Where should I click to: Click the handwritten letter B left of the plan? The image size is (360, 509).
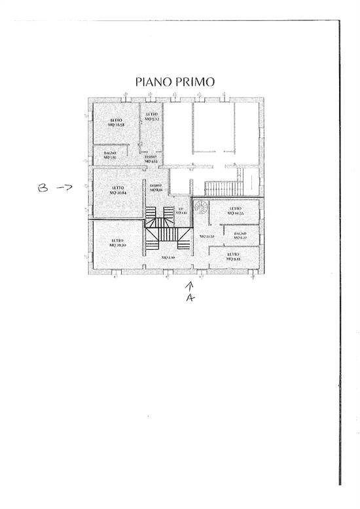(x=43, y=188)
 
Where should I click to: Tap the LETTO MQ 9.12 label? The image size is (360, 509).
(x=152, y=117)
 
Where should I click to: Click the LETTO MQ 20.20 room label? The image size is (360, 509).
(x=118, y=242)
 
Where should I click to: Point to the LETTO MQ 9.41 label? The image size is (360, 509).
(x=234, y=256)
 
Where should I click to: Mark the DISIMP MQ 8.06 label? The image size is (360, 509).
(x=156, y=187)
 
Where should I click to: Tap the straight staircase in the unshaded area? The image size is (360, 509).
(x=219, y=187)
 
